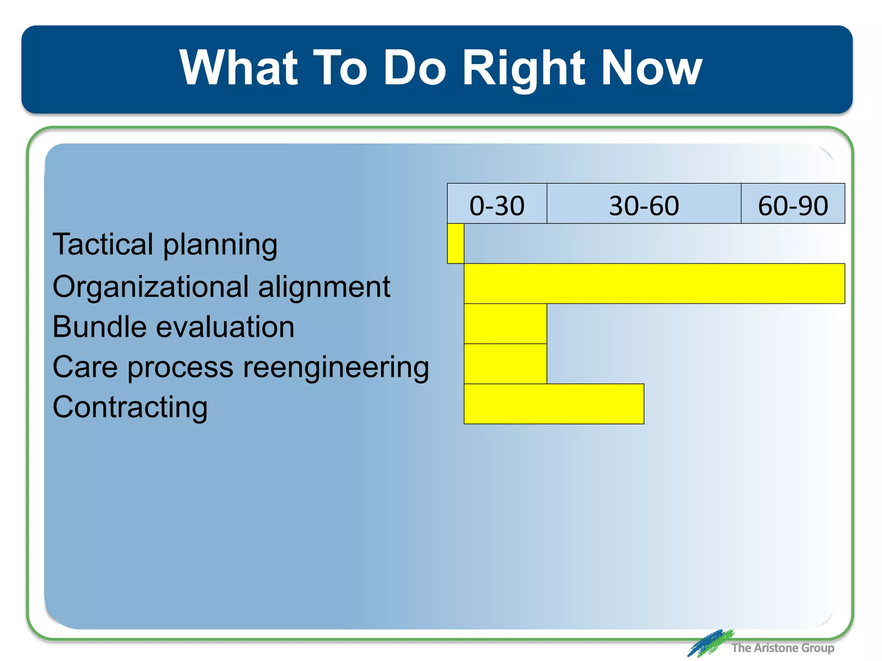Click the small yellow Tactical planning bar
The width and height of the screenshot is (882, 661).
pyautogui.click(x=455, y=243)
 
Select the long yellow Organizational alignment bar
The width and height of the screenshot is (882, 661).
pyautogui.click(x=654, y=283)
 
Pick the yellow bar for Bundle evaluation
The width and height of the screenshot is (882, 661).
pyautogui.click(x=505, y=324)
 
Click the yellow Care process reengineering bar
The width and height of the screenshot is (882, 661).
pyautogui.click(x=505, y=364)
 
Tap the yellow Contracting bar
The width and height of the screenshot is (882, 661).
pyautogui.click(x=553, y=404)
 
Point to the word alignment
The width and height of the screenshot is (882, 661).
pyautogui.click(x=324, y=287)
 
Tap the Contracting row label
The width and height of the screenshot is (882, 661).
pyautogui.click(x=130, y=407)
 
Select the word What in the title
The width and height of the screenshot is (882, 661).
pyautogui.click(x=239, y=68)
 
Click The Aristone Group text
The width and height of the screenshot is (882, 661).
pyautogui.click(x=782, y=647)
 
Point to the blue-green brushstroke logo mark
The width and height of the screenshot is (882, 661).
pyautogui.click(x=710, y=643)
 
